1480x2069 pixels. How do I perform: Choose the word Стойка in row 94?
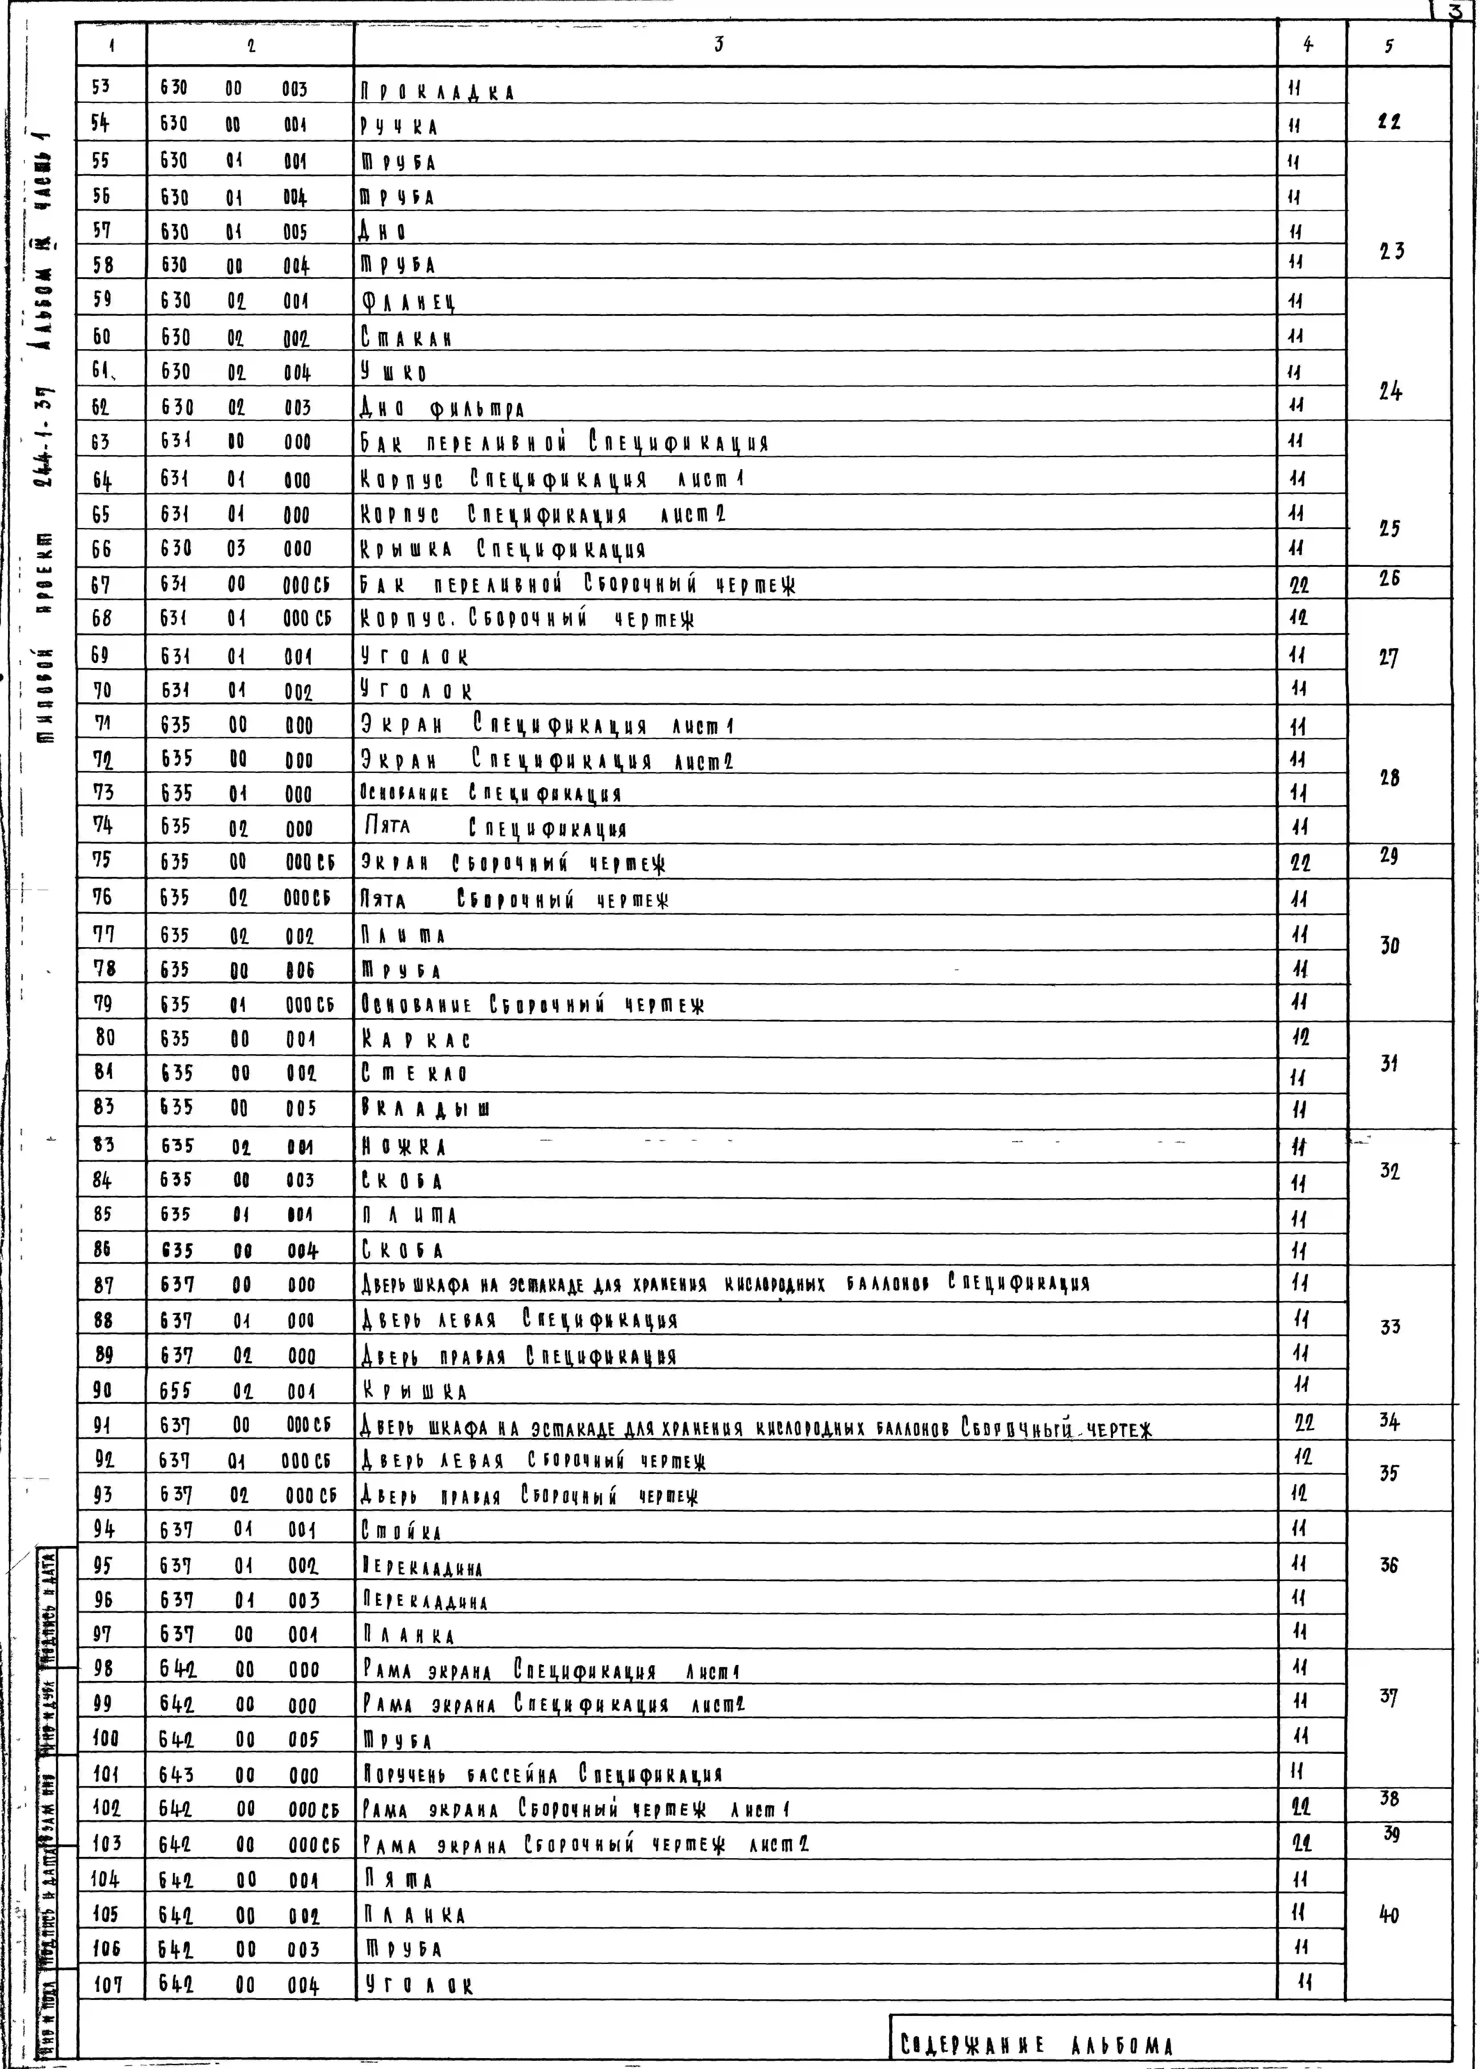401,1531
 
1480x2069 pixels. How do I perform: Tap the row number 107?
108,1983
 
